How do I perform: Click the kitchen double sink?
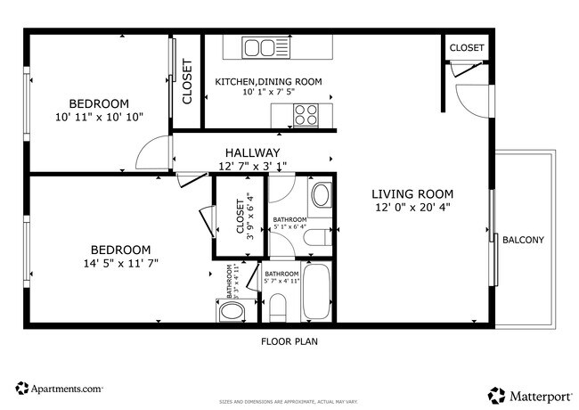point(263,46)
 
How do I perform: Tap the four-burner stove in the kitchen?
point(307,114)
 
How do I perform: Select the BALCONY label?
point(523,240)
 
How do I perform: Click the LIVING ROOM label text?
point(412,193)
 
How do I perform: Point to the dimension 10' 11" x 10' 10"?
point(99,117)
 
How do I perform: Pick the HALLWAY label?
point(252,152)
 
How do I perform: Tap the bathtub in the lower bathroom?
point(317,291)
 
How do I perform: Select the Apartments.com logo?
point(60,389)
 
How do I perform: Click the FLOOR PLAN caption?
point(289,340)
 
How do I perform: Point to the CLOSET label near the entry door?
point(467,48)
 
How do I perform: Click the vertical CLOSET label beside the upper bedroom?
point(187,82)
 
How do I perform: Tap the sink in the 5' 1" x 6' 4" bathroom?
point(321,194)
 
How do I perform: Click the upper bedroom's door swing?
point(153,153)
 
